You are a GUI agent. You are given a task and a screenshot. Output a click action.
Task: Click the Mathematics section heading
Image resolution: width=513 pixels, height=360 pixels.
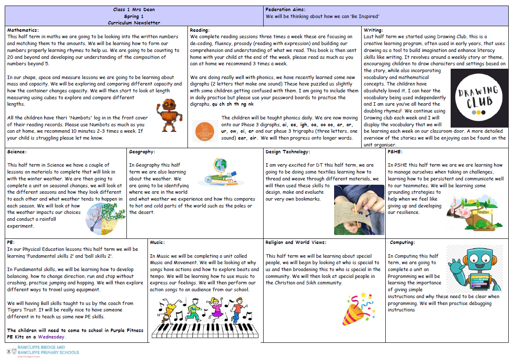click(23, 30)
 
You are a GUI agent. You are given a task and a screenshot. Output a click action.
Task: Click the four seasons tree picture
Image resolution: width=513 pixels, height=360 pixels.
click(103, 213)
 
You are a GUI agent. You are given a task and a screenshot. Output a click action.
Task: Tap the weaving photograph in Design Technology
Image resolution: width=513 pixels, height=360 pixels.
click(359, 209)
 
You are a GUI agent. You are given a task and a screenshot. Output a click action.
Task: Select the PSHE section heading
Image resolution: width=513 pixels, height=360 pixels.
click(395, 151)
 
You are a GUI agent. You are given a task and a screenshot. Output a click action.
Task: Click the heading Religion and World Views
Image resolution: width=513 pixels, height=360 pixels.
click(296, 242)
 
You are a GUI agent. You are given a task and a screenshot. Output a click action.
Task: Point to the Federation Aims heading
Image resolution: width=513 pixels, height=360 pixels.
click(285, 9)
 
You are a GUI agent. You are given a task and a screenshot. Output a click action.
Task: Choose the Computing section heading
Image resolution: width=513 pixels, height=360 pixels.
click(401, 242)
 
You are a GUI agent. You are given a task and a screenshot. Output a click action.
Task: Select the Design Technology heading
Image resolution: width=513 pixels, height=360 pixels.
click(288, 151)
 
